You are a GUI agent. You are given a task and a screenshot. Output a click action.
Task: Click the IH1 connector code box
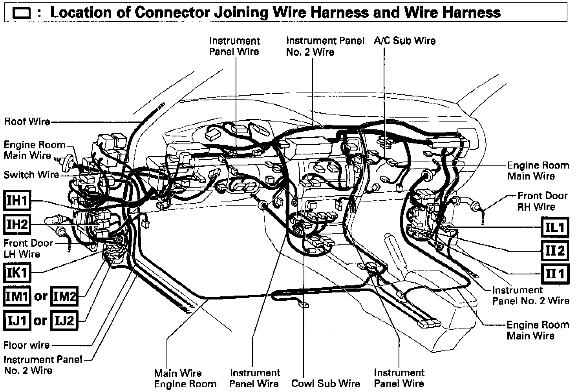[18, 201]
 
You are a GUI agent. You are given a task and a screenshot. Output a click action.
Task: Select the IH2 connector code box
[18, 224]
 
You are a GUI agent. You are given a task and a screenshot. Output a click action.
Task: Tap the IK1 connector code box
[17, 272]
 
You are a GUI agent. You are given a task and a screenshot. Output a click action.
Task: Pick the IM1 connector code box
[17, 296]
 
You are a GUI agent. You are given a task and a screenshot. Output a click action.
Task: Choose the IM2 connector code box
[64, 296]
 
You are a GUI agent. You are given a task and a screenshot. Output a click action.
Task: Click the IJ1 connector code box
[17, 321]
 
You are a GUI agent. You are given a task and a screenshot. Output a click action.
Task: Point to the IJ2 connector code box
[64, 321]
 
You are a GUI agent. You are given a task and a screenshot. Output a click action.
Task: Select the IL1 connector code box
[554, 227]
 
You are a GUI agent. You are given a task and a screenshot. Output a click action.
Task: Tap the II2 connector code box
[554, 250]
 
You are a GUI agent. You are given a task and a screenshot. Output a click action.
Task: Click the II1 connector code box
[554, 273]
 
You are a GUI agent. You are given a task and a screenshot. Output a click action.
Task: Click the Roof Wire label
[27, 121]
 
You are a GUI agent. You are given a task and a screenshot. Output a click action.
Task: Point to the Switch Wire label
[31, 174]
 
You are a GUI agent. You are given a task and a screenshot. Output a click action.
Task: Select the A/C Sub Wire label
[404, 41]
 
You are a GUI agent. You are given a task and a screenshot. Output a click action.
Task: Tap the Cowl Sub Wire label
[326, 383]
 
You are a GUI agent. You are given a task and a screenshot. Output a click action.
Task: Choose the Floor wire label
[26, 345]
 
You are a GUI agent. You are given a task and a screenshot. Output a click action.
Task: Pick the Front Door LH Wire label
[28, 249]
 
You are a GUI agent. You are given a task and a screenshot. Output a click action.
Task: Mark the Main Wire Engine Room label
[185, 378]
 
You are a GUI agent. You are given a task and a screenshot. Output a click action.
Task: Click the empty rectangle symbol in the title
[22, 14]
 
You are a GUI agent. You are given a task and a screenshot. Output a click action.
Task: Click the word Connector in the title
[173, 13]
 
